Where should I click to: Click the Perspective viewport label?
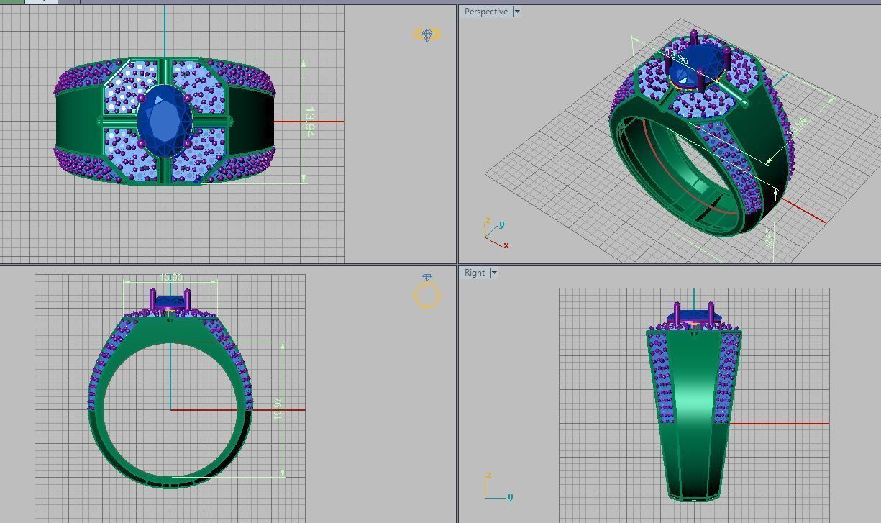(485, 12)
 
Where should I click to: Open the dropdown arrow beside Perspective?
(516, 12)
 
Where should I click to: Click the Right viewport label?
(475, 273)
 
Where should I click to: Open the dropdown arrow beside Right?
(494, 273)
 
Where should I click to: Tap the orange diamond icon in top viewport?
(427, 35)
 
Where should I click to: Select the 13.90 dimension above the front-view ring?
(170, 278)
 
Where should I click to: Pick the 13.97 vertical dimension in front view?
(279, 408)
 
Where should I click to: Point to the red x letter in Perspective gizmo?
(506, 245)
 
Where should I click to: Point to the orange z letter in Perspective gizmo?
(488, 221)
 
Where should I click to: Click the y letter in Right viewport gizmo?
(510, 496)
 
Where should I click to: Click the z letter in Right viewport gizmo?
(488, 476)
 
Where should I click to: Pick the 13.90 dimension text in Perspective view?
(680, 60)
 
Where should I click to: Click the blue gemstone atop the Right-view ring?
(693, 316)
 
